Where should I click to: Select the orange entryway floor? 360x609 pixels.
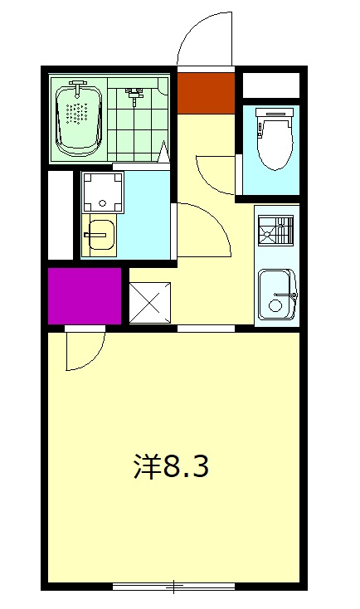206,92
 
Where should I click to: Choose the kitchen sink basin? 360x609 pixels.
275,294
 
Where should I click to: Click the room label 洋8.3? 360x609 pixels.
171,467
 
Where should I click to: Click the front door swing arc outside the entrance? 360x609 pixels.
204,37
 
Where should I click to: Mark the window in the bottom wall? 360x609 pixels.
173,587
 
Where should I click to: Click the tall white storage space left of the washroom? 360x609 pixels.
61,214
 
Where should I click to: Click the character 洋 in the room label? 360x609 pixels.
147,467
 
